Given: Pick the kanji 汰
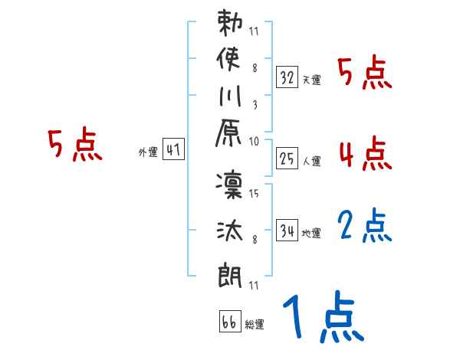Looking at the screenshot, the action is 230,231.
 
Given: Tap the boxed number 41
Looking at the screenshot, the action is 173,150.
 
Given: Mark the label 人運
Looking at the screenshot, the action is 311,162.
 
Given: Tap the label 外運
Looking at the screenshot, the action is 147,152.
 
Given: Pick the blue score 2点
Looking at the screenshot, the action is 365,227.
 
